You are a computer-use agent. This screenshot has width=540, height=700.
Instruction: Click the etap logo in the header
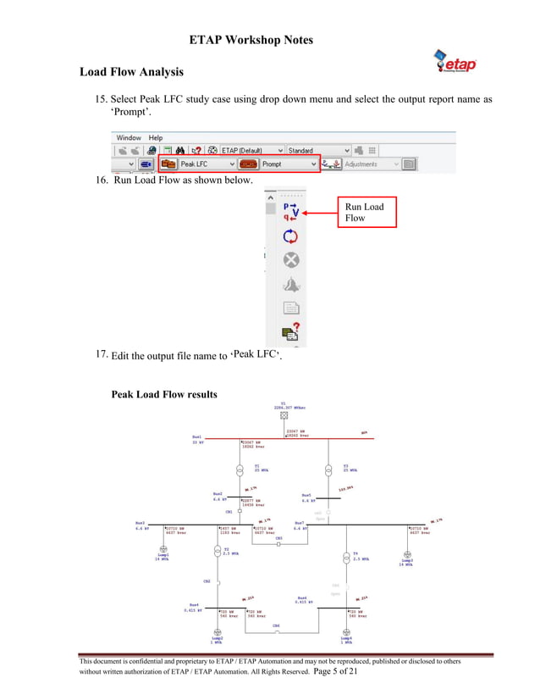point(455,61)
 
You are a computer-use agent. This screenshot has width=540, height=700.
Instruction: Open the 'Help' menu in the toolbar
point(156,137)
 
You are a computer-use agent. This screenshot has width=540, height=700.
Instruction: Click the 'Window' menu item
point(129,137)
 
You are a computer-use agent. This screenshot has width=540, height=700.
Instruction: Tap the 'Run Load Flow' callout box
point(366,213)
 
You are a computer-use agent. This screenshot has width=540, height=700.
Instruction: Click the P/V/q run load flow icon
point(290,210)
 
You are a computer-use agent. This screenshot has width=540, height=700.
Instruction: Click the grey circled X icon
point(290,260)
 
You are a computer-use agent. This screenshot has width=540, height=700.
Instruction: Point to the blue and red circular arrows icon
point(290,236)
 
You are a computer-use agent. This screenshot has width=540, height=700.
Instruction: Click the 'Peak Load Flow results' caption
point(164,394)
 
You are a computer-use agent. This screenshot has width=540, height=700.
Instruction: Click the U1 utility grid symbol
point(284,415)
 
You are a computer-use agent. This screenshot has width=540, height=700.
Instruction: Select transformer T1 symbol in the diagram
point(240,469)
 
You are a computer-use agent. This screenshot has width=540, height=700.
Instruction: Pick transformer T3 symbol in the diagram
point(328,469)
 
